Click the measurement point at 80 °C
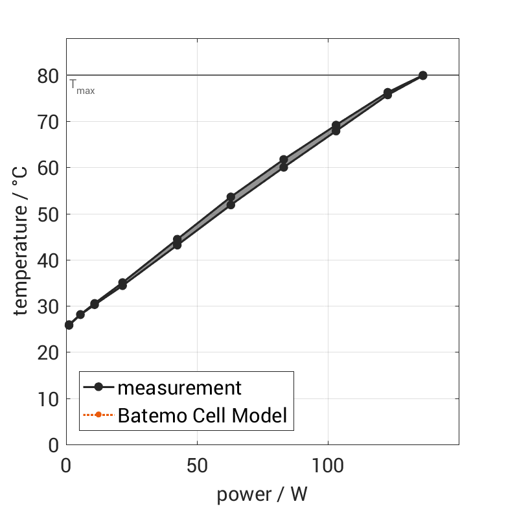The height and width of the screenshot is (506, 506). click(422, 75)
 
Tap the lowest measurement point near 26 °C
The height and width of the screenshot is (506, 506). click(69, 325)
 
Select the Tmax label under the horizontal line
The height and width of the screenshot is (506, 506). click(82, 87)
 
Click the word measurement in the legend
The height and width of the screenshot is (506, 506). click(179, 388)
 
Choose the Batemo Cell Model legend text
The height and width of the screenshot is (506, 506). click(202, 415)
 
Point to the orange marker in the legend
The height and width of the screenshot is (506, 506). click(98, 415)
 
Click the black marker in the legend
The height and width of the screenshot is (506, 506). click(98, 387)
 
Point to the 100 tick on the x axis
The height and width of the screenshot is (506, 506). click(328, 465)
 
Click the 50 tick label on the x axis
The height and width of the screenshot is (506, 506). click(197, 465)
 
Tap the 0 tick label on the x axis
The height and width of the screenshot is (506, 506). click(66, 465)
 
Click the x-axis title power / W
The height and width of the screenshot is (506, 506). click(262, 494)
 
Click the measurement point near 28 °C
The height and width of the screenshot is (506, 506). click(80, 314)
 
